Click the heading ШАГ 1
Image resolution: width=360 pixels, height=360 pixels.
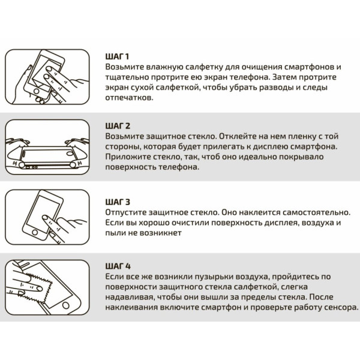click(117, 56)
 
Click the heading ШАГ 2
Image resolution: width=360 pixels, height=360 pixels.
click(118, 126)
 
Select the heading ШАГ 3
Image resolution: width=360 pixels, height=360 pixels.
click(118, 202)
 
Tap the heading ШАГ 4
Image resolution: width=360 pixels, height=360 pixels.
click(118, 266)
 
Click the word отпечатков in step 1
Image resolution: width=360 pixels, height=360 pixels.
click(129, 98)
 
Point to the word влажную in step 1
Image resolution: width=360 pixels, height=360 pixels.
click(164, 67)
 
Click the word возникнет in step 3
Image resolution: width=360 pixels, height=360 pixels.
click(160, 233)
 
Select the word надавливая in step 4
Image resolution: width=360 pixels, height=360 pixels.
click(128, 297)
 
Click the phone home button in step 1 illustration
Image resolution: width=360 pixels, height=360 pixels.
click(36, 91)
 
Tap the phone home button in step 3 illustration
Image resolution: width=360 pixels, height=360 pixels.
click(35, 232)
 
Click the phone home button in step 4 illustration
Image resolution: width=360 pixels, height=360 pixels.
click(66, 305)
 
